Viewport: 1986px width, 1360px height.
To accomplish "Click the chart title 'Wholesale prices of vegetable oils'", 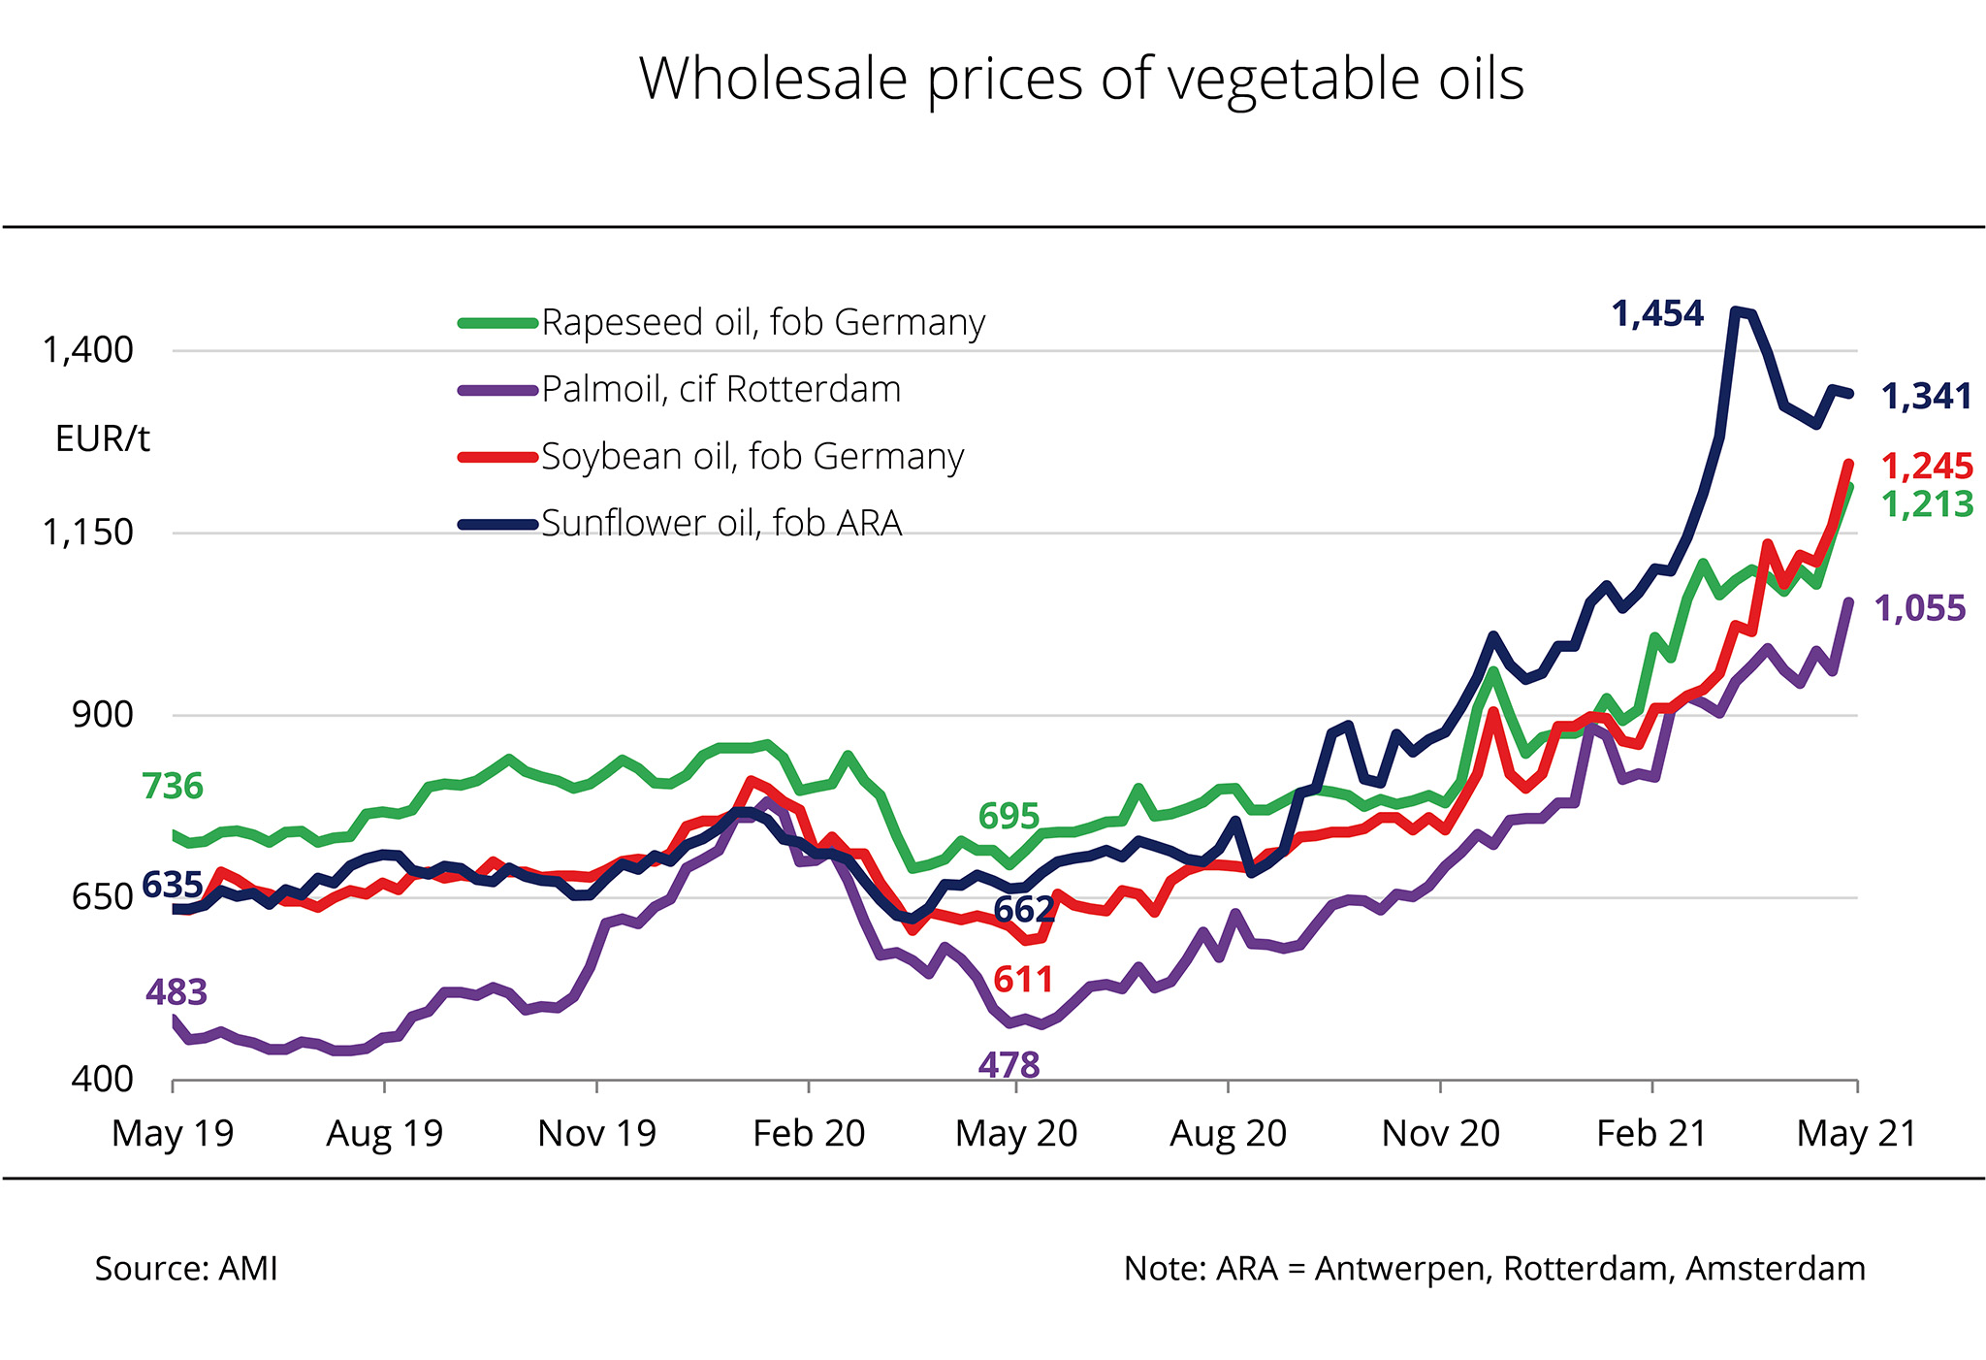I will pyautogui.click(x=1081, y=80).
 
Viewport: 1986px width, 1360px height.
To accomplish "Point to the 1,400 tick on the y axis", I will pyautogui.click(x=87, y=350).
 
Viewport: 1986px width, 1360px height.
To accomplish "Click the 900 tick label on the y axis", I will pyautogui.click(x=103, y=715).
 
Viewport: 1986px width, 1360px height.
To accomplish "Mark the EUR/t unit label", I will pyautogui.click(x=103, y=439).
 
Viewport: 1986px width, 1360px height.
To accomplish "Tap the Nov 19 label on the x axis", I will pyautogui.click(x=596, y=1133).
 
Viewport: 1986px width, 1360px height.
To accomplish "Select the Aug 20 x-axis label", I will pyautogui.click(x=1228, y=1133).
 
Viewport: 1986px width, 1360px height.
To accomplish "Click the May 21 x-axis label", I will pyautogui.click(x=1856, y=1133).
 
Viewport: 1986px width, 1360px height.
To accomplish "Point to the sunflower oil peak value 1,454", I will pyautogui.click(x=1657, y=314).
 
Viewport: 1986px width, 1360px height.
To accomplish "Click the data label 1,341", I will pyautogui.click(x=1926, y=397).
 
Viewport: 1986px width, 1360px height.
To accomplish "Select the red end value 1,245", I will pyautogui.click(x=1927, y=467).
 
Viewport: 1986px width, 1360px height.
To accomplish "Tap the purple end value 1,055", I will pyautogui.click(x=1920, y=609).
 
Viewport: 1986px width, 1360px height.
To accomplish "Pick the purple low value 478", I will pyautogui.click(x=1009, y=1066).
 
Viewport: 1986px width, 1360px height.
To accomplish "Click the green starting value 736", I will pyautogui.click(x=173, y=786).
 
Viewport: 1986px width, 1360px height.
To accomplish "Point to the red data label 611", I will pyautogui.click(x=1023, y=980).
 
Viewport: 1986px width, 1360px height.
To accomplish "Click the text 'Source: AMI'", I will pyautogui.click(x=186, y=1269).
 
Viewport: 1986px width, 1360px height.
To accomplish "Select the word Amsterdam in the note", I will pyautogui.click(x=1775, y=1269).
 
